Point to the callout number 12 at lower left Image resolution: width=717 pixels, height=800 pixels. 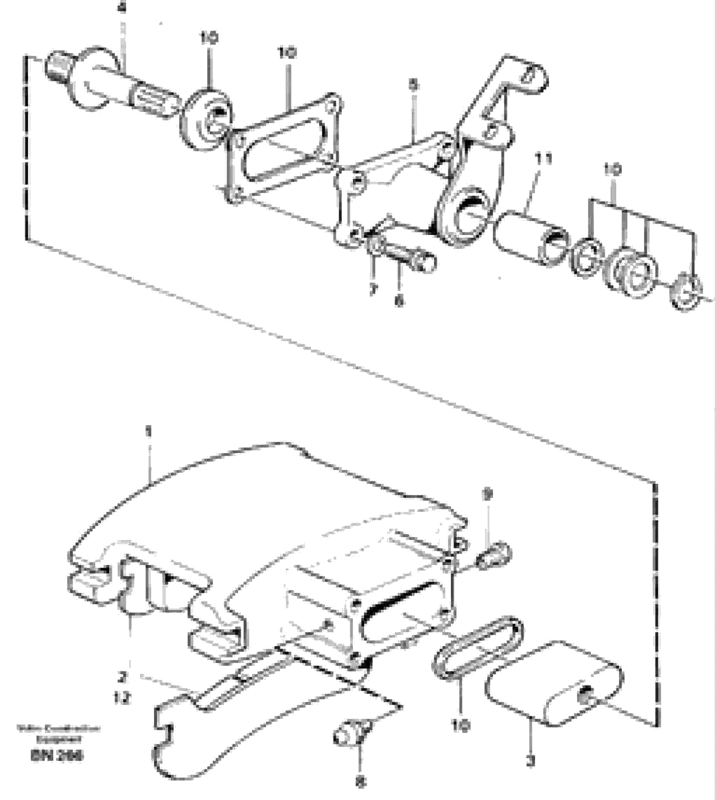click(x=122, y=698)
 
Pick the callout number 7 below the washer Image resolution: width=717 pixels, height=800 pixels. click(x=373, y=289)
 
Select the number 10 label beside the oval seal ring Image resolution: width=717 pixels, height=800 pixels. click(x=460, y=726)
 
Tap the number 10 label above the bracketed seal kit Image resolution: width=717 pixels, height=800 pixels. click(x=612, y=170)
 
